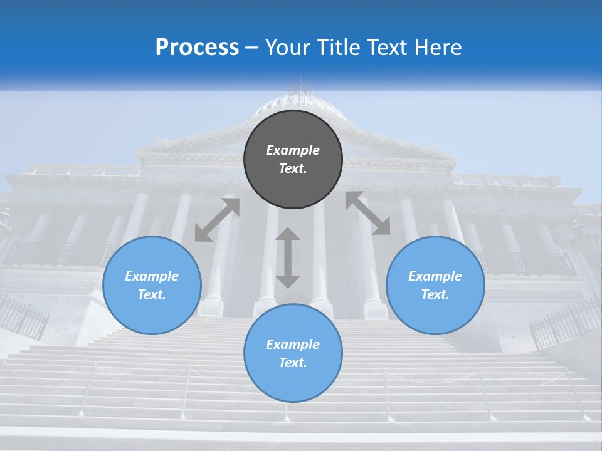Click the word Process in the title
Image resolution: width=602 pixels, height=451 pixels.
197,48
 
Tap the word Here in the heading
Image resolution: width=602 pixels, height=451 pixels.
436,48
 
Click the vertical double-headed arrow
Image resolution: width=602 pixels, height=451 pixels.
288,257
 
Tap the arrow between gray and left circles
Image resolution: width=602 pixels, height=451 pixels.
218,220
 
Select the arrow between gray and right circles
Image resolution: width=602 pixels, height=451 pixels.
367,214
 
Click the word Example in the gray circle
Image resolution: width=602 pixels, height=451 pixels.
293,150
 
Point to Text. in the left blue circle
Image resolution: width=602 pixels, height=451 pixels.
152,294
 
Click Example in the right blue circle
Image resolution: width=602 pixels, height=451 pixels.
435,276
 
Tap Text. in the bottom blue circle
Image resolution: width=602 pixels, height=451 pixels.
293,363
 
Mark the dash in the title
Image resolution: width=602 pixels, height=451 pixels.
252,48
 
